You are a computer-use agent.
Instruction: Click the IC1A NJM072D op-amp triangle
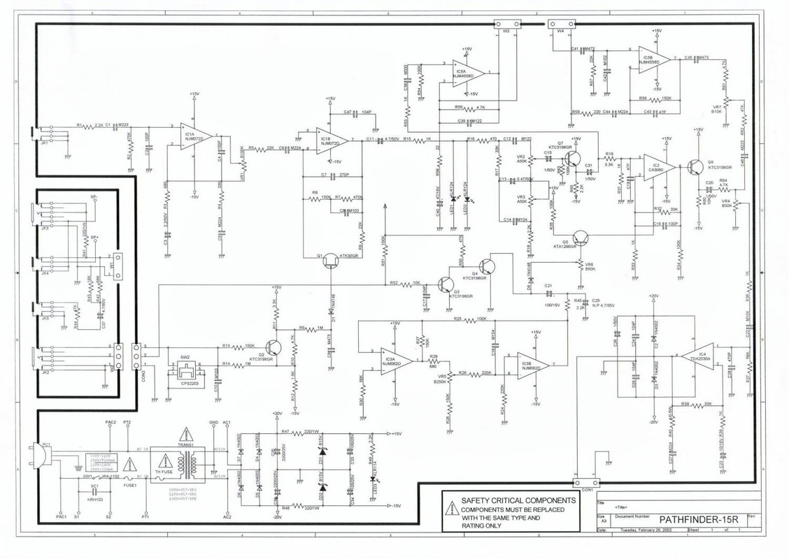[x=195, y=136]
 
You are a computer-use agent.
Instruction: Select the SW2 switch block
[x=186, y=371]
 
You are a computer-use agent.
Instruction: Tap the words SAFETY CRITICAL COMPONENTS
[x=518, y=501]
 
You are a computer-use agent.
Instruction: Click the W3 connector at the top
[x=506, y=23]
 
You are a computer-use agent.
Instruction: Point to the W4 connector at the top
[x=561, y=23]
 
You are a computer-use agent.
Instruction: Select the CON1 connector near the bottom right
[x=585, y=483]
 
